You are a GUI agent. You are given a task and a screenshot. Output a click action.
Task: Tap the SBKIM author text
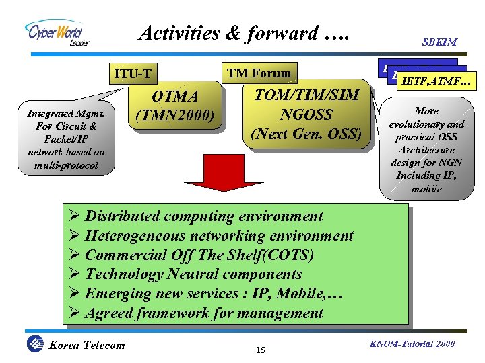click(x=440, y=42)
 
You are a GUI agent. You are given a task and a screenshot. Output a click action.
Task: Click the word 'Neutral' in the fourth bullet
click(x=193, y=274)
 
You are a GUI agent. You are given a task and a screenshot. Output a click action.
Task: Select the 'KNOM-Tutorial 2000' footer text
click(x=412, y=344)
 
